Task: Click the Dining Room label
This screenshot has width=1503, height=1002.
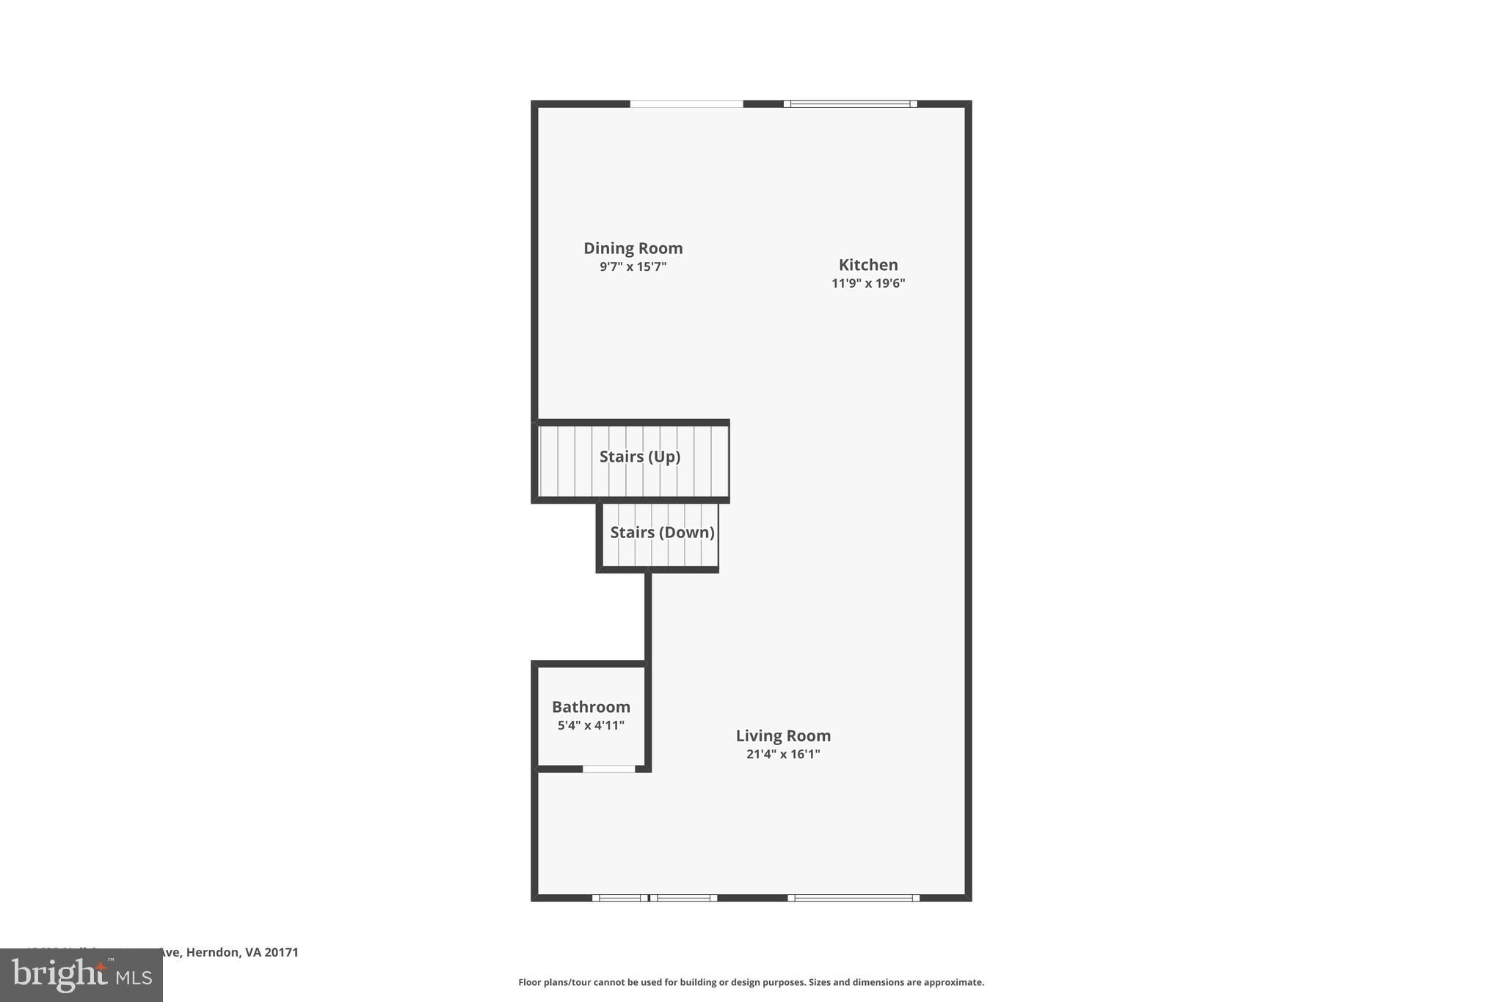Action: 633,248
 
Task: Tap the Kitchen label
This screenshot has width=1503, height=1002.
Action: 868,265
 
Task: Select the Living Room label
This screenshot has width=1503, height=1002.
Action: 783,736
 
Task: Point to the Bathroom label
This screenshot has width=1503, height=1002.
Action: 591,707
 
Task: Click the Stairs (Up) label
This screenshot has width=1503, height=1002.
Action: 640,457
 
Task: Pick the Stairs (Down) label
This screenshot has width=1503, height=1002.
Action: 662,532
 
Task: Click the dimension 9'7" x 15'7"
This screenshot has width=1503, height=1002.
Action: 633,266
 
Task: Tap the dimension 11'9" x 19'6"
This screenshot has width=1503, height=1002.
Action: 868,283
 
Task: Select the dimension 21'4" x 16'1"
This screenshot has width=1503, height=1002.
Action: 783,754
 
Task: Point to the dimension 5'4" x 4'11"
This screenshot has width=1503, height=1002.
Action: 591,725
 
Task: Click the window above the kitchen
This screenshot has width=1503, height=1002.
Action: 850,104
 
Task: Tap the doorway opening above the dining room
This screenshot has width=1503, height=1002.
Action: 686,104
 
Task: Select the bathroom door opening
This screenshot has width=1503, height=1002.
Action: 609,769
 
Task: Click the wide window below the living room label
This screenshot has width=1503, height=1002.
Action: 854,897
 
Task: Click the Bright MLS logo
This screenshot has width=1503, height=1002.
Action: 81,975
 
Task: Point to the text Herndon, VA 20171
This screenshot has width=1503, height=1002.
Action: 242,952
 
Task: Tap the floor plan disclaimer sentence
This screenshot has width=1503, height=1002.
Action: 751,982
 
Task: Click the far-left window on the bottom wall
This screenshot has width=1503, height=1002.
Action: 620,897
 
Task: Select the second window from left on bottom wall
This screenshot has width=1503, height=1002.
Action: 683,897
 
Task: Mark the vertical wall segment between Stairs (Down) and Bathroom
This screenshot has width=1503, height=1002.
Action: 648,617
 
